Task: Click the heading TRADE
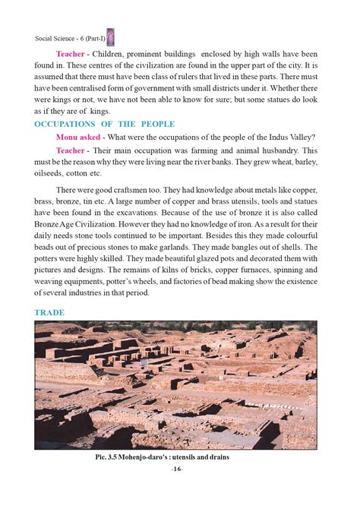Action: (x=49, y=312)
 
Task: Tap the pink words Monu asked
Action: (x=81, y=137)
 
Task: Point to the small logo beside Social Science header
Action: (x=110, y=36)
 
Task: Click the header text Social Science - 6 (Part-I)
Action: (x=69, y=37)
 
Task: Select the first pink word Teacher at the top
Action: (x=70, y=54)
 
